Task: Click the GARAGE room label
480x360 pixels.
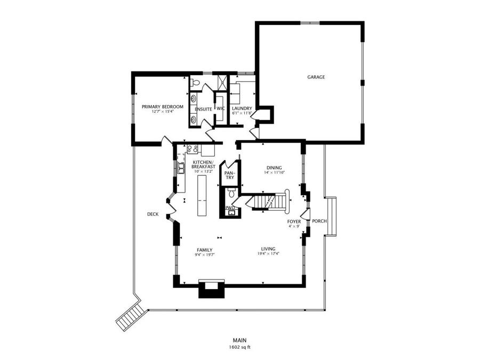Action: point(316,77)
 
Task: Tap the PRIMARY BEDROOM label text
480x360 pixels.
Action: point(163,107)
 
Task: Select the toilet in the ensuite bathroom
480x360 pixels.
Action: point(195,83)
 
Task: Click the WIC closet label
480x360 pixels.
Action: point(220,109)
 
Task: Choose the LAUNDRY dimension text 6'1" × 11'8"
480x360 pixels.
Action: point(242,114)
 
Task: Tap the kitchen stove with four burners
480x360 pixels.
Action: point(193,149)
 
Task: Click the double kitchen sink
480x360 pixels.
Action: point(181,169)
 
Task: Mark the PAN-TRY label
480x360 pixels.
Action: point(229,175)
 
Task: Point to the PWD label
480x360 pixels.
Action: point(229,207)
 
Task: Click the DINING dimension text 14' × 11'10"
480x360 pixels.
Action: point(275,173)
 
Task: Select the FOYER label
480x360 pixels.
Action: point(294,221)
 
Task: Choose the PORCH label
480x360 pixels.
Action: point(319,221)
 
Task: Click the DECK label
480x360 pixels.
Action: point(153,214)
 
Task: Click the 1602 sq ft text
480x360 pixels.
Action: point(239,348)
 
